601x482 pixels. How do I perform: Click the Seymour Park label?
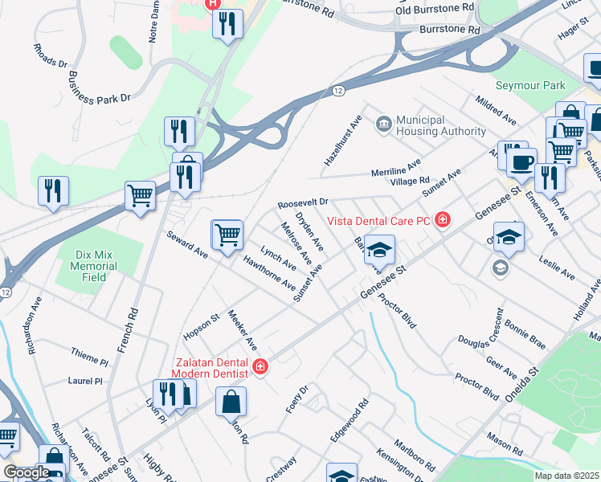click(x=530, y=85)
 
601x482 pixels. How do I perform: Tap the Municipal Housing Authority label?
click(x=441, y=125)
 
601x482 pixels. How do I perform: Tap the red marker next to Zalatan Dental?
click(x=260, y=368)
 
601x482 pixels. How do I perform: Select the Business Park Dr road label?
click(x=99, y=88)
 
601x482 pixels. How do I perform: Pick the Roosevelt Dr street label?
click(x=303, y=204)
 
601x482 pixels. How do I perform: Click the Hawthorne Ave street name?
click(x=269, y=272)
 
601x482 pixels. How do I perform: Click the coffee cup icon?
click(x=521, y=161)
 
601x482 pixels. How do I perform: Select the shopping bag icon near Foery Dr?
click(x=231, y=401)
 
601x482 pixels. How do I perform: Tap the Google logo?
click(x=26, y=472)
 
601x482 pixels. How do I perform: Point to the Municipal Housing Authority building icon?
click(x=384, y=123)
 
